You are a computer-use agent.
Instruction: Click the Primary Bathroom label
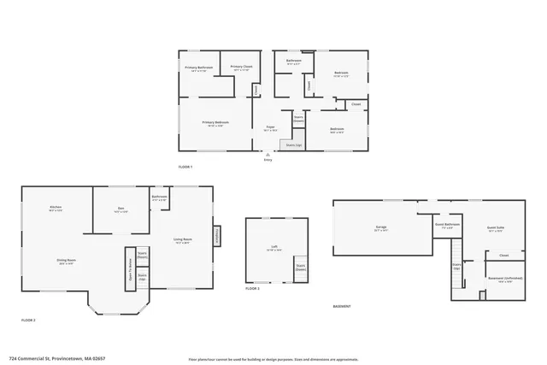[x=199, y=68]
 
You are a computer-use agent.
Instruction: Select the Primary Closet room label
[x=241, y=68]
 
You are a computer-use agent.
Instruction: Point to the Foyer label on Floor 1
[x=270, y=128]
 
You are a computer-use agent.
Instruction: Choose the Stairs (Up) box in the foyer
[x=293, y=146]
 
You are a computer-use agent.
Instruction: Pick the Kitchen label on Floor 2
[x=55, y=209]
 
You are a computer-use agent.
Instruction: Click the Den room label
[x=121, y=209]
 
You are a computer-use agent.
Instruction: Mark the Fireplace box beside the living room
[x=217, y=235]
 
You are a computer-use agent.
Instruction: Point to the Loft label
[x=274, y=248]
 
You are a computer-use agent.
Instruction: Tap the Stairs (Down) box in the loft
[x=301, y=268]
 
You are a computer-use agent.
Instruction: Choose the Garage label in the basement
[x=380, y=228]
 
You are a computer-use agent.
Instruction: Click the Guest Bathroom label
[x=447, y=226]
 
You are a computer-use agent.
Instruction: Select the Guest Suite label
[x=496, y=228]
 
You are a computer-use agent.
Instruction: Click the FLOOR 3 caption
[x=252, y=290]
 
